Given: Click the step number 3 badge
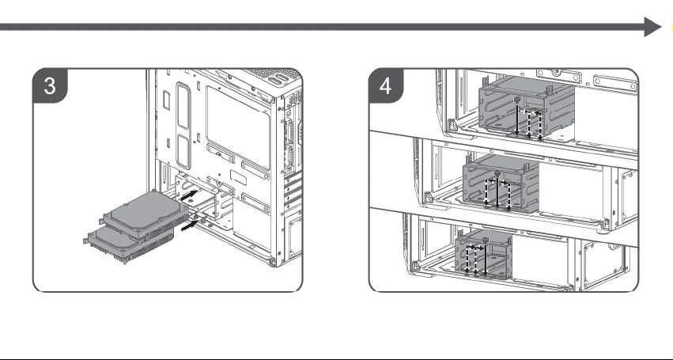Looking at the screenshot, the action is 50,85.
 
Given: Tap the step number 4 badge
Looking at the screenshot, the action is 385,85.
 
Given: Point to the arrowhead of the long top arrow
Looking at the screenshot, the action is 652,27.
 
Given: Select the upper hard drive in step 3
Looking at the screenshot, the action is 146,214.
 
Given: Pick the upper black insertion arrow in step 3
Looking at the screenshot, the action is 189,195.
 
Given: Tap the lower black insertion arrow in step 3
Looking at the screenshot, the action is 190,225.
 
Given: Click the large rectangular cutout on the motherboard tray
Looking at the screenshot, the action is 238,127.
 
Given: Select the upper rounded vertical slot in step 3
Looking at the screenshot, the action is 183,106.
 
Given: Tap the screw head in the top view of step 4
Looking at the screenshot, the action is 517,100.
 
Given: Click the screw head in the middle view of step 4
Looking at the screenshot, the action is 497,172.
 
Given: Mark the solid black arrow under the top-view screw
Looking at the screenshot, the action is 517,119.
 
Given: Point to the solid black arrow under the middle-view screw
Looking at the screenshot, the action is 497,192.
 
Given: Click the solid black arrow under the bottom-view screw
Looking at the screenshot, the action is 486,260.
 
